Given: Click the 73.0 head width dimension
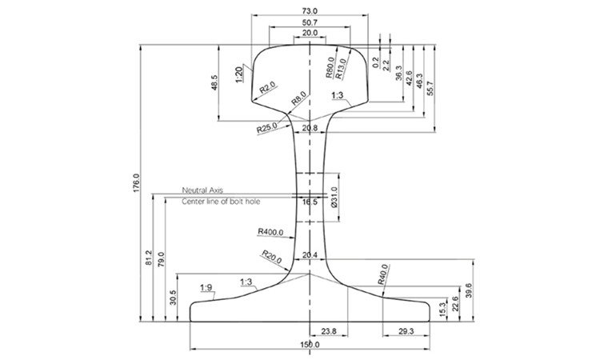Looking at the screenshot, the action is pos(310,10).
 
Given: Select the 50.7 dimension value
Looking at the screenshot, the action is pos(310,22).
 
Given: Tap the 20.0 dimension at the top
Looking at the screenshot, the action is pos(310,33).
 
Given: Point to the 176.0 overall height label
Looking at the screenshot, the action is pos(137,184).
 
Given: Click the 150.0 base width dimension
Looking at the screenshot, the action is pos(310,345).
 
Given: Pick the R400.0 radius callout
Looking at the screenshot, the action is pos(270,232).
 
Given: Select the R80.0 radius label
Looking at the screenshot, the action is pos(330,67).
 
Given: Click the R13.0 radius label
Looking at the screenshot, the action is pos(340,69).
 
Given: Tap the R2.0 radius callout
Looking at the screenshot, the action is pos(267,88).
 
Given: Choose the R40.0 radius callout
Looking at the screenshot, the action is pos(382,274).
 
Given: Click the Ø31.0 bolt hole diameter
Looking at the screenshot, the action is pos(334,198).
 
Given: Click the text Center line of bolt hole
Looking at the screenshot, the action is pos(221,202).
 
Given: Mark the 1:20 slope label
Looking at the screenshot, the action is pos(239,74).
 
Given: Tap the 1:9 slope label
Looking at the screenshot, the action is pos(206,287).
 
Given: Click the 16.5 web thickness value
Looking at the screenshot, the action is pos(310,202).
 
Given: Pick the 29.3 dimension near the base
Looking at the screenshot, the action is pos(406,331).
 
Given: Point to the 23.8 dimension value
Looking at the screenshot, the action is pos(329,331).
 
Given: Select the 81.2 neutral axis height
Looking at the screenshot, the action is pos(149,258).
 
